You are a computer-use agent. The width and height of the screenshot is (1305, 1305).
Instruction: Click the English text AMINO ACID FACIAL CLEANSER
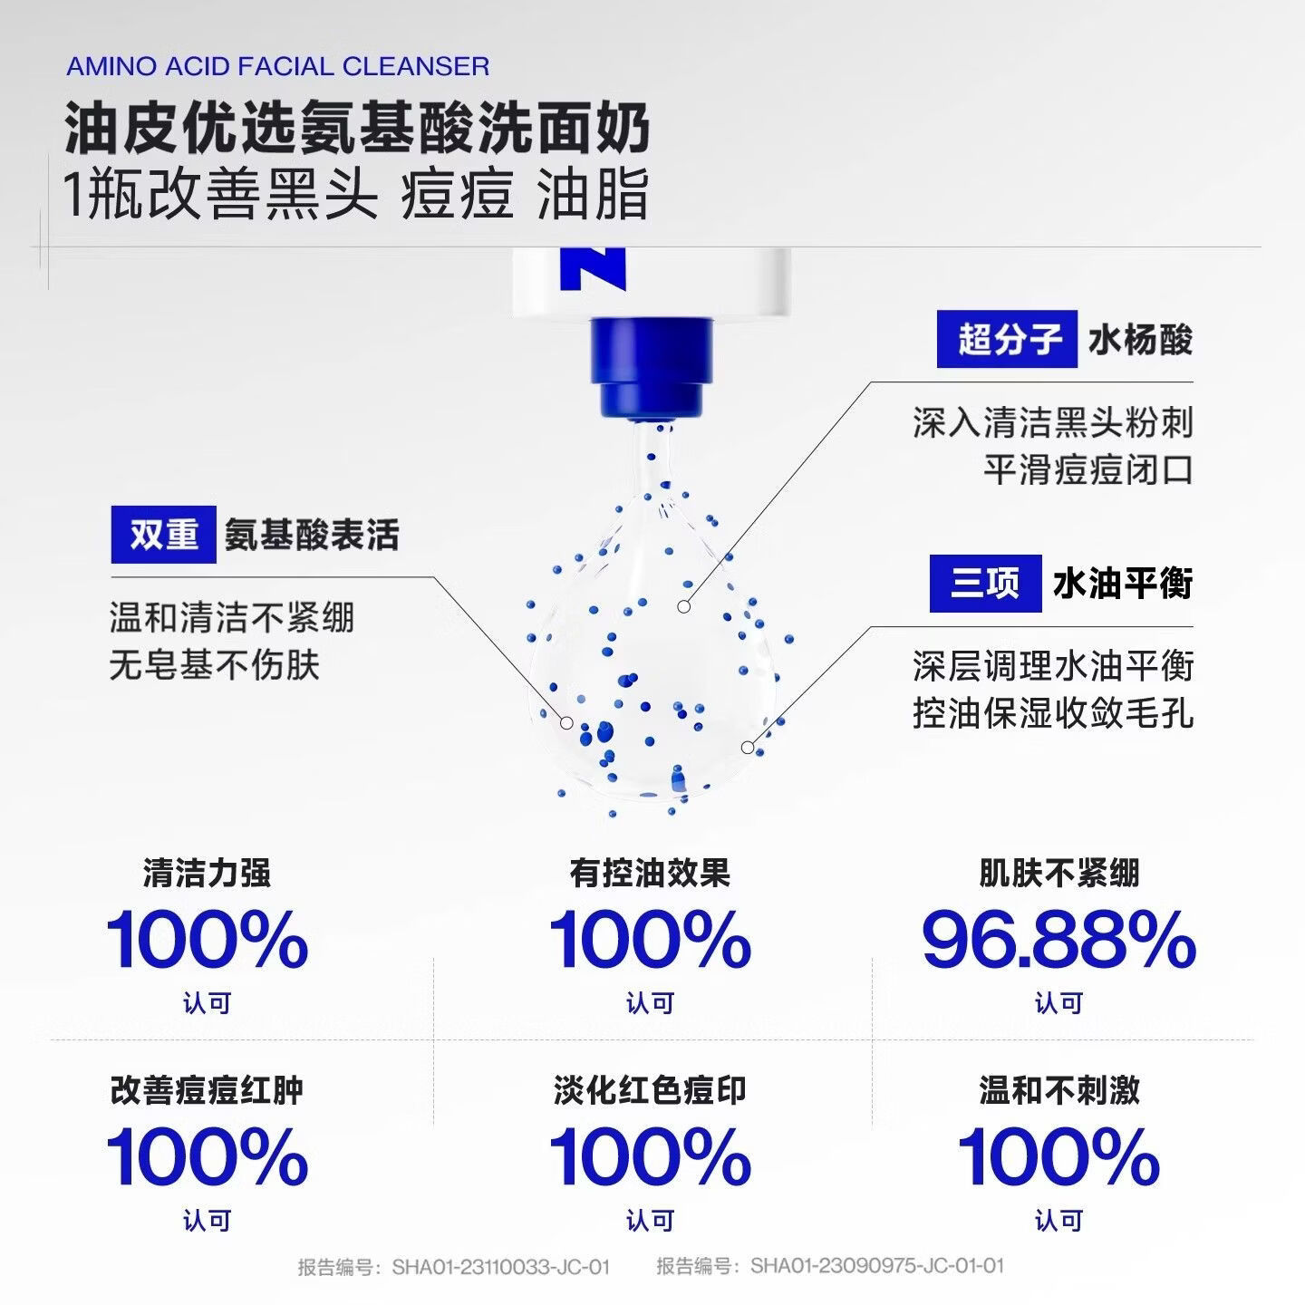[277, 66]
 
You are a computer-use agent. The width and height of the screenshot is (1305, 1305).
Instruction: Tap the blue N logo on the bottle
[593, 269]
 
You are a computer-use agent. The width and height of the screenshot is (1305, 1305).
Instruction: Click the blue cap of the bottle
[651, 368]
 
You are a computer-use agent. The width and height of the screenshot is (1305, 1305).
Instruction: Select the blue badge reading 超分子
[1007, 339]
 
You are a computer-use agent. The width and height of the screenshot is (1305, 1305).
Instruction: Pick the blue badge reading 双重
[164, 535]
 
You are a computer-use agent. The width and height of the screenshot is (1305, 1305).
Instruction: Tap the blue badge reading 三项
[985, 583]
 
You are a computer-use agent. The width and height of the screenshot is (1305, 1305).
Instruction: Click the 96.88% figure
[1058, 940]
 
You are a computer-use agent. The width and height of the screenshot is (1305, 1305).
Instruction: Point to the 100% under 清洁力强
[208, 940]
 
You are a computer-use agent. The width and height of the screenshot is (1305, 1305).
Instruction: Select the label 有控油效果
[650, 873]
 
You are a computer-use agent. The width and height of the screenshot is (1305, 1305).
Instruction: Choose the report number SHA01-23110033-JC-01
[501, 1266]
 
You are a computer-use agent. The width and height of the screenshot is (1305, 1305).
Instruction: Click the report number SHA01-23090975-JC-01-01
[877, 1266]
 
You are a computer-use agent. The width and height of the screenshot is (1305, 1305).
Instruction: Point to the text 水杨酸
[1140, 340]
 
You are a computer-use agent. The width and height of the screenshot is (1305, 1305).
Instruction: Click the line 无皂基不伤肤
[214, 665]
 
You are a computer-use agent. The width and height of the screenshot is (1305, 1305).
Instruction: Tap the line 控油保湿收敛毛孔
[1053, 713]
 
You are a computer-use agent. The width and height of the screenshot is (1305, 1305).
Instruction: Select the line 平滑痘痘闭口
[1088, 470]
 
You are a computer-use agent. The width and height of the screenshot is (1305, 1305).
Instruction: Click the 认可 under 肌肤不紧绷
[1058, 1003]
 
